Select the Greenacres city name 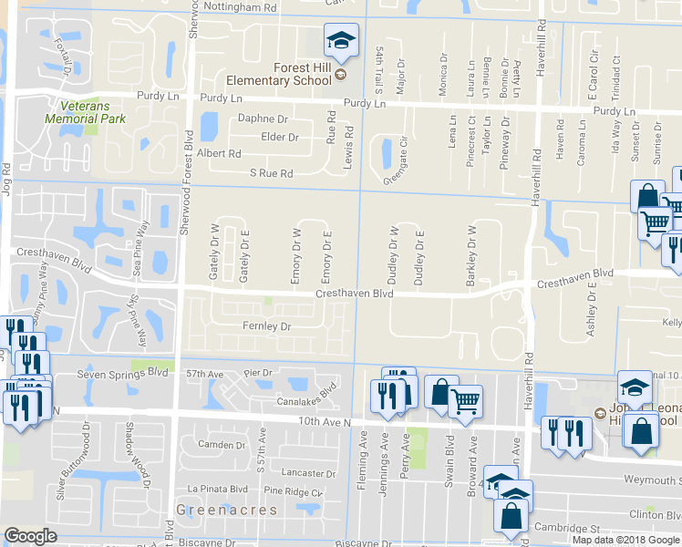pos(213,511)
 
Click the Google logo pos(30,536)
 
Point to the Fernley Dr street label pos(265,326)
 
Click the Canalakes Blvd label pos(307,400)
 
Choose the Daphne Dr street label pos(263,119)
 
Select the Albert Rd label pos(219,154)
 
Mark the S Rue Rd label pos(271,173)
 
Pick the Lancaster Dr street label pos(309,473)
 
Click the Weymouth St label pos(652,480)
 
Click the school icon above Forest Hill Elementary pos(341,41)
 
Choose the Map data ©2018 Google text pos(625,540)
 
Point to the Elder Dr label pos(280,137)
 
